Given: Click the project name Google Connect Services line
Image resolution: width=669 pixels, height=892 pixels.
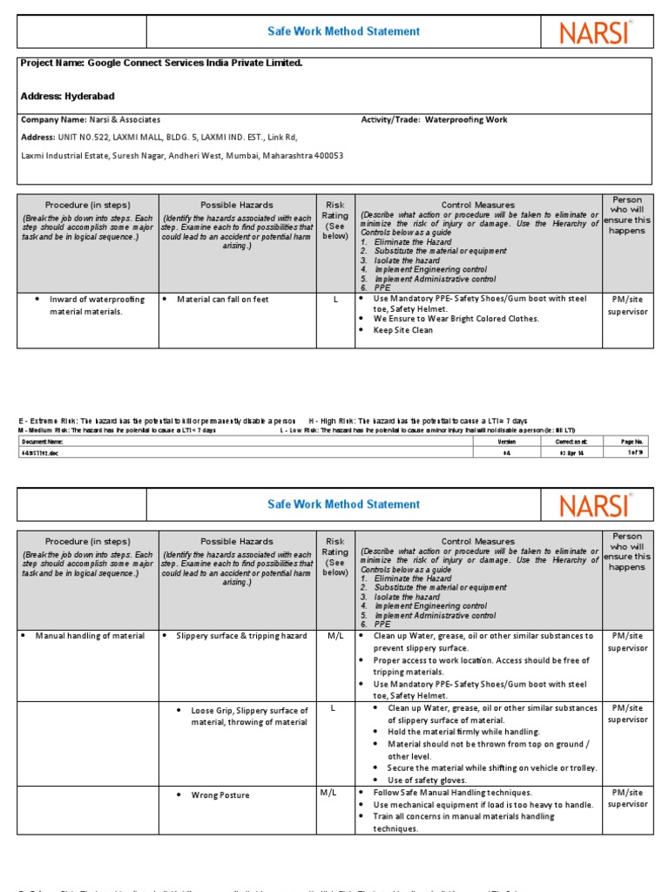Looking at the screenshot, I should coord(161,64).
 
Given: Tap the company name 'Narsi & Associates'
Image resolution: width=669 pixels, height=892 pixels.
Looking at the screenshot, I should coord(91,119).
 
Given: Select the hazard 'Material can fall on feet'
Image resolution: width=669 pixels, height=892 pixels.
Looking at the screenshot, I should coord(223,300).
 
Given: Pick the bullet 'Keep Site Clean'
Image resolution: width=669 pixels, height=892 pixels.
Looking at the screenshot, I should coord(402,331).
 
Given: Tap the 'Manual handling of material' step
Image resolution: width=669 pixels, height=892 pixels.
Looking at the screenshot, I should coord(90,636).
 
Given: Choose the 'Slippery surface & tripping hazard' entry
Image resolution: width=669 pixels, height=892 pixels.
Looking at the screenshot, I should coord(241,636).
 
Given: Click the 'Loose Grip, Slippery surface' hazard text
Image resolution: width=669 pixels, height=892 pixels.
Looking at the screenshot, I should coord(249,716).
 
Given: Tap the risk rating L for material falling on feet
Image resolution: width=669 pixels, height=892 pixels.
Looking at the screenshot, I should coord(335,299).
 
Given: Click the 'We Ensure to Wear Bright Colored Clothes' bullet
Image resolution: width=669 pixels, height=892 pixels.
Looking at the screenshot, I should coord(456,319).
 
